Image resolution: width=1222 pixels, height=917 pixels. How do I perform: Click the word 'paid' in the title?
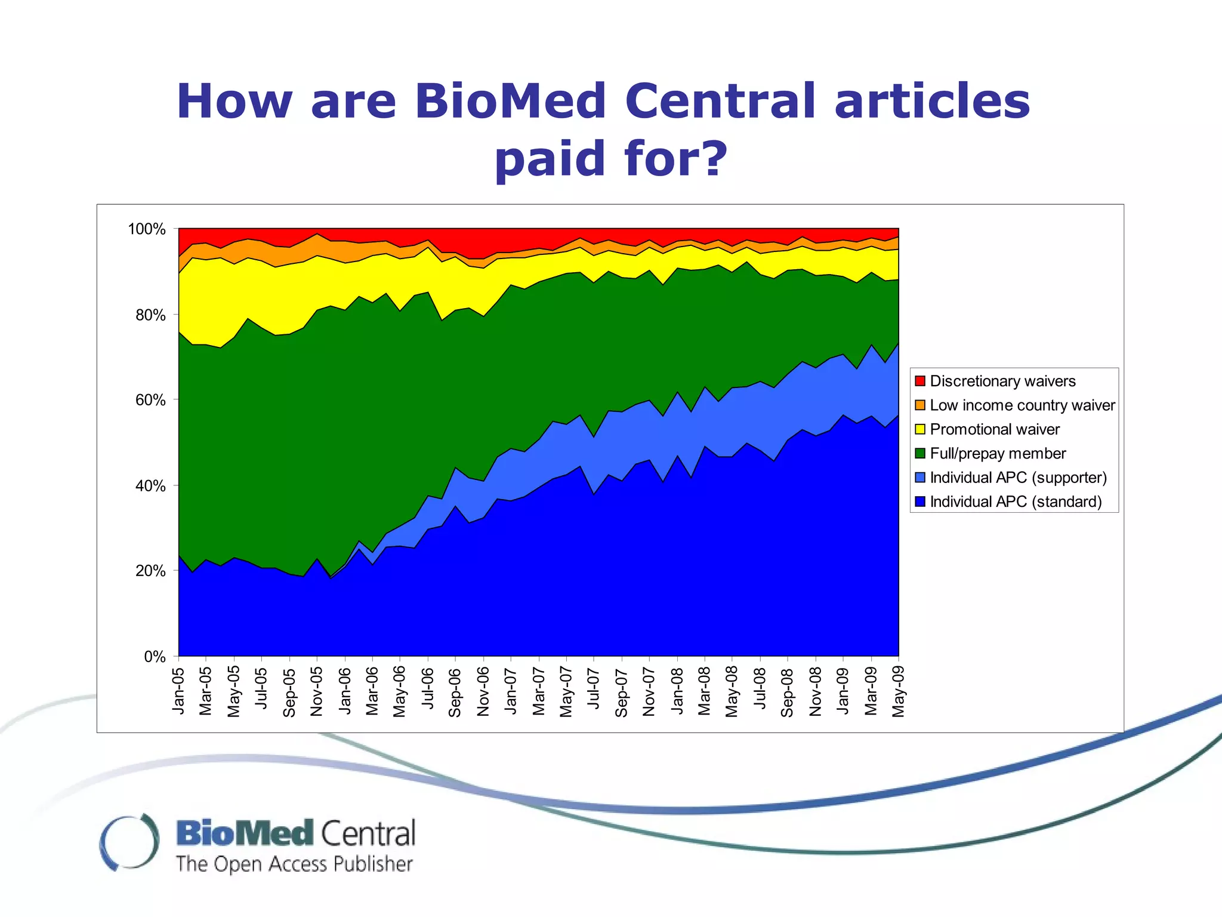point(550,159)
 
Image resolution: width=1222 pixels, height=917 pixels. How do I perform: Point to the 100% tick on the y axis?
point(147,229)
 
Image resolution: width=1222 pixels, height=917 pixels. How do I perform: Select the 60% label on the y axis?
point(150,400)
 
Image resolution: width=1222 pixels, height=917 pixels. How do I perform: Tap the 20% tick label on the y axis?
point(150,571)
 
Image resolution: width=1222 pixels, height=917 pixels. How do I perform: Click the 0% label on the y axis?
point(155,657)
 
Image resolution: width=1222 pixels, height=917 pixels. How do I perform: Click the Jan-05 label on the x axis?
point(178,691)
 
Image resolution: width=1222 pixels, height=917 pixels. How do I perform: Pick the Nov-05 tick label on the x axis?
point(317,692)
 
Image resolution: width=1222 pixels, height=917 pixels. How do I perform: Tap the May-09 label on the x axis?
point(899,691)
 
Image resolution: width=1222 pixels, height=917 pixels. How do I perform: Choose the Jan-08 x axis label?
point(677,691)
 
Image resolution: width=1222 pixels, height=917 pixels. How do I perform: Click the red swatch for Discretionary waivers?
point(920,381)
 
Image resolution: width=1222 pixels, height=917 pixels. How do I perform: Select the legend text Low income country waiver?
point(1022,405)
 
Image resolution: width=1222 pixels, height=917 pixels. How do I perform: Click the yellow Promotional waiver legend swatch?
point(920,429)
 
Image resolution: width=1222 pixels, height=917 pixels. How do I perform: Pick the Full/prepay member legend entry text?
point(998,454)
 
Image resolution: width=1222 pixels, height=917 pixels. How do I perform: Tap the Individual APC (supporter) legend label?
point(1018,478)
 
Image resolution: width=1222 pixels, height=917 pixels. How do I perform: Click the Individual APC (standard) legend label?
point(1016,501)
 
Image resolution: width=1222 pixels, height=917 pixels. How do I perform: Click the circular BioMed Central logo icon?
point(129,842)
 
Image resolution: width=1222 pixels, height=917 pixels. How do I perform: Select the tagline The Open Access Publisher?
point(294,864)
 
